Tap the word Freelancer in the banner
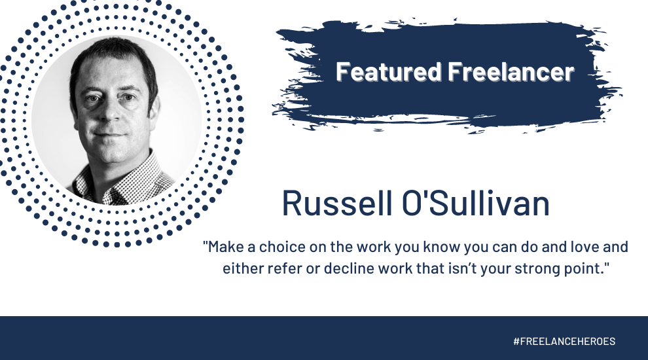coord(512,72)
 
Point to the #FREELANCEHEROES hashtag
coord(564,342)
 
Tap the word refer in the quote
coord(277,268)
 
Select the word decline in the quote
coord(335,268)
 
